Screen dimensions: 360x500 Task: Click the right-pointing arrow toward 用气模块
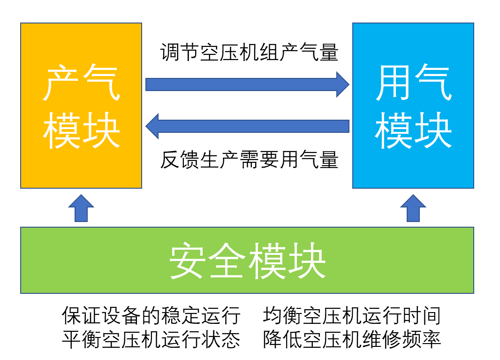(x=247, y=84)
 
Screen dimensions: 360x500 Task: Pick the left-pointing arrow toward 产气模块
(x=247, y=126)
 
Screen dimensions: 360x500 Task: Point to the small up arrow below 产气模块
(x=81, y=209)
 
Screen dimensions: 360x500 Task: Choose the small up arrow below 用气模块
(x=413, y=209)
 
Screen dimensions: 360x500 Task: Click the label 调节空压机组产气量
(x=249, y=53)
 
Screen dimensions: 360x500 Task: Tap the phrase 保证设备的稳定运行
(x=151, y=315)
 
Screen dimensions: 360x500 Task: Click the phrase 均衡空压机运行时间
(x=352, y=315)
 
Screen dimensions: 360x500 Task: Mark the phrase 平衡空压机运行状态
(x=151, y=338)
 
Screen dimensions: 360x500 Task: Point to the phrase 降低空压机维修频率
(x=352, y=338)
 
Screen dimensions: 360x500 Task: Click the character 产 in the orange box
(x=61, y=84)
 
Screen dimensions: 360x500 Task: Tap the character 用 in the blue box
(x=393, y=84)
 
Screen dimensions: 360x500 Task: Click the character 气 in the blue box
(x=433, y=84)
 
